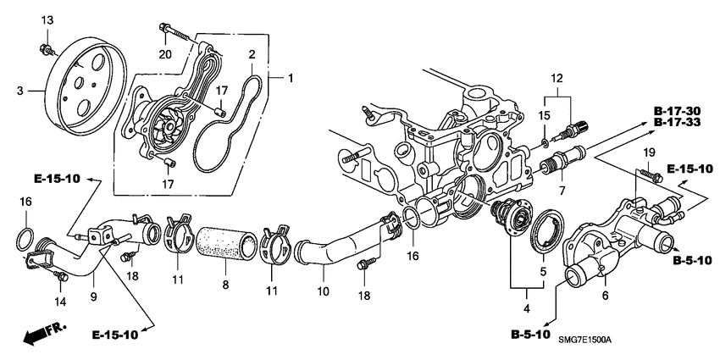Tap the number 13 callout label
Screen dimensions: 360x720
[x=47, y=19]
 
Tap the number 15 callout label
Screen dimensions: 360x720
[x=544, y=114]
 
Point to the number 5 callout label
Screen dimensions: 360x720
[x=544, y=273]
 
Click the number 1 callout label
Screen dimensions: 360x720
[x=290, y=80]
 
